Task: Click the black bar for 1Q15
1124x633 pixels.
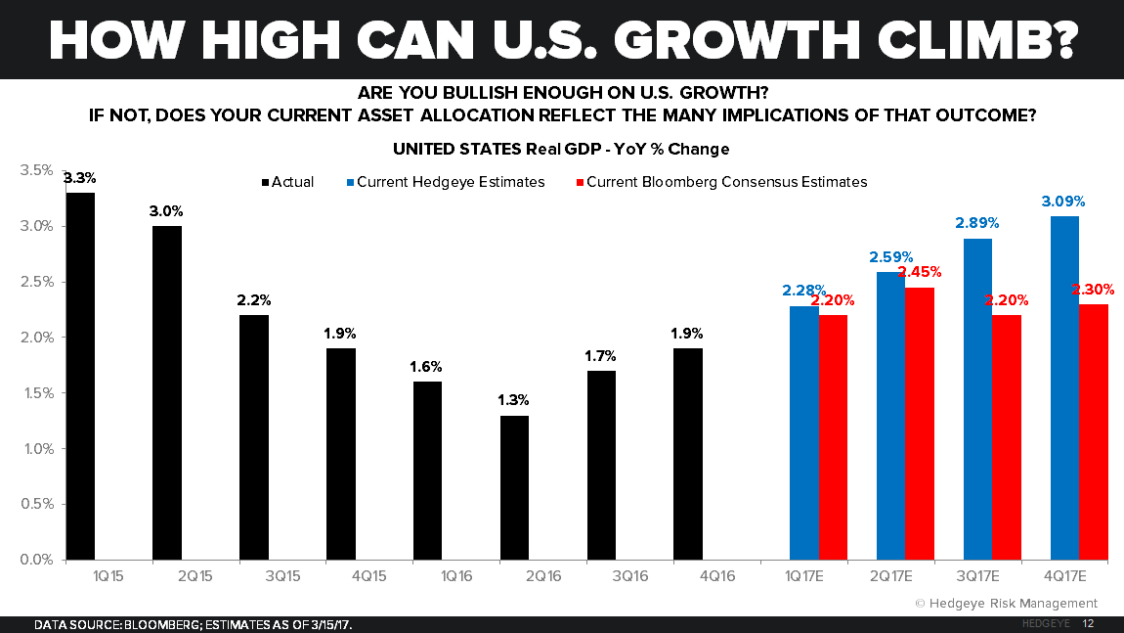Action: pos(80,377)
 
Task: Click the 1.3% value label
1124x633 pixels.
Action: pos(514,400)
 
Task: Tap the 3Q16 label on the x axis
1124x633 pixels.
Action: pos(602,577)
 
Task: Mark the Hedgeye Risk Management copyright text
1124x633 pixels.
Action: pos(1006,603)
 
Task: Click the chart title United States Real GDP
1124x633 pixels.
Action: pos(561,150)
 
